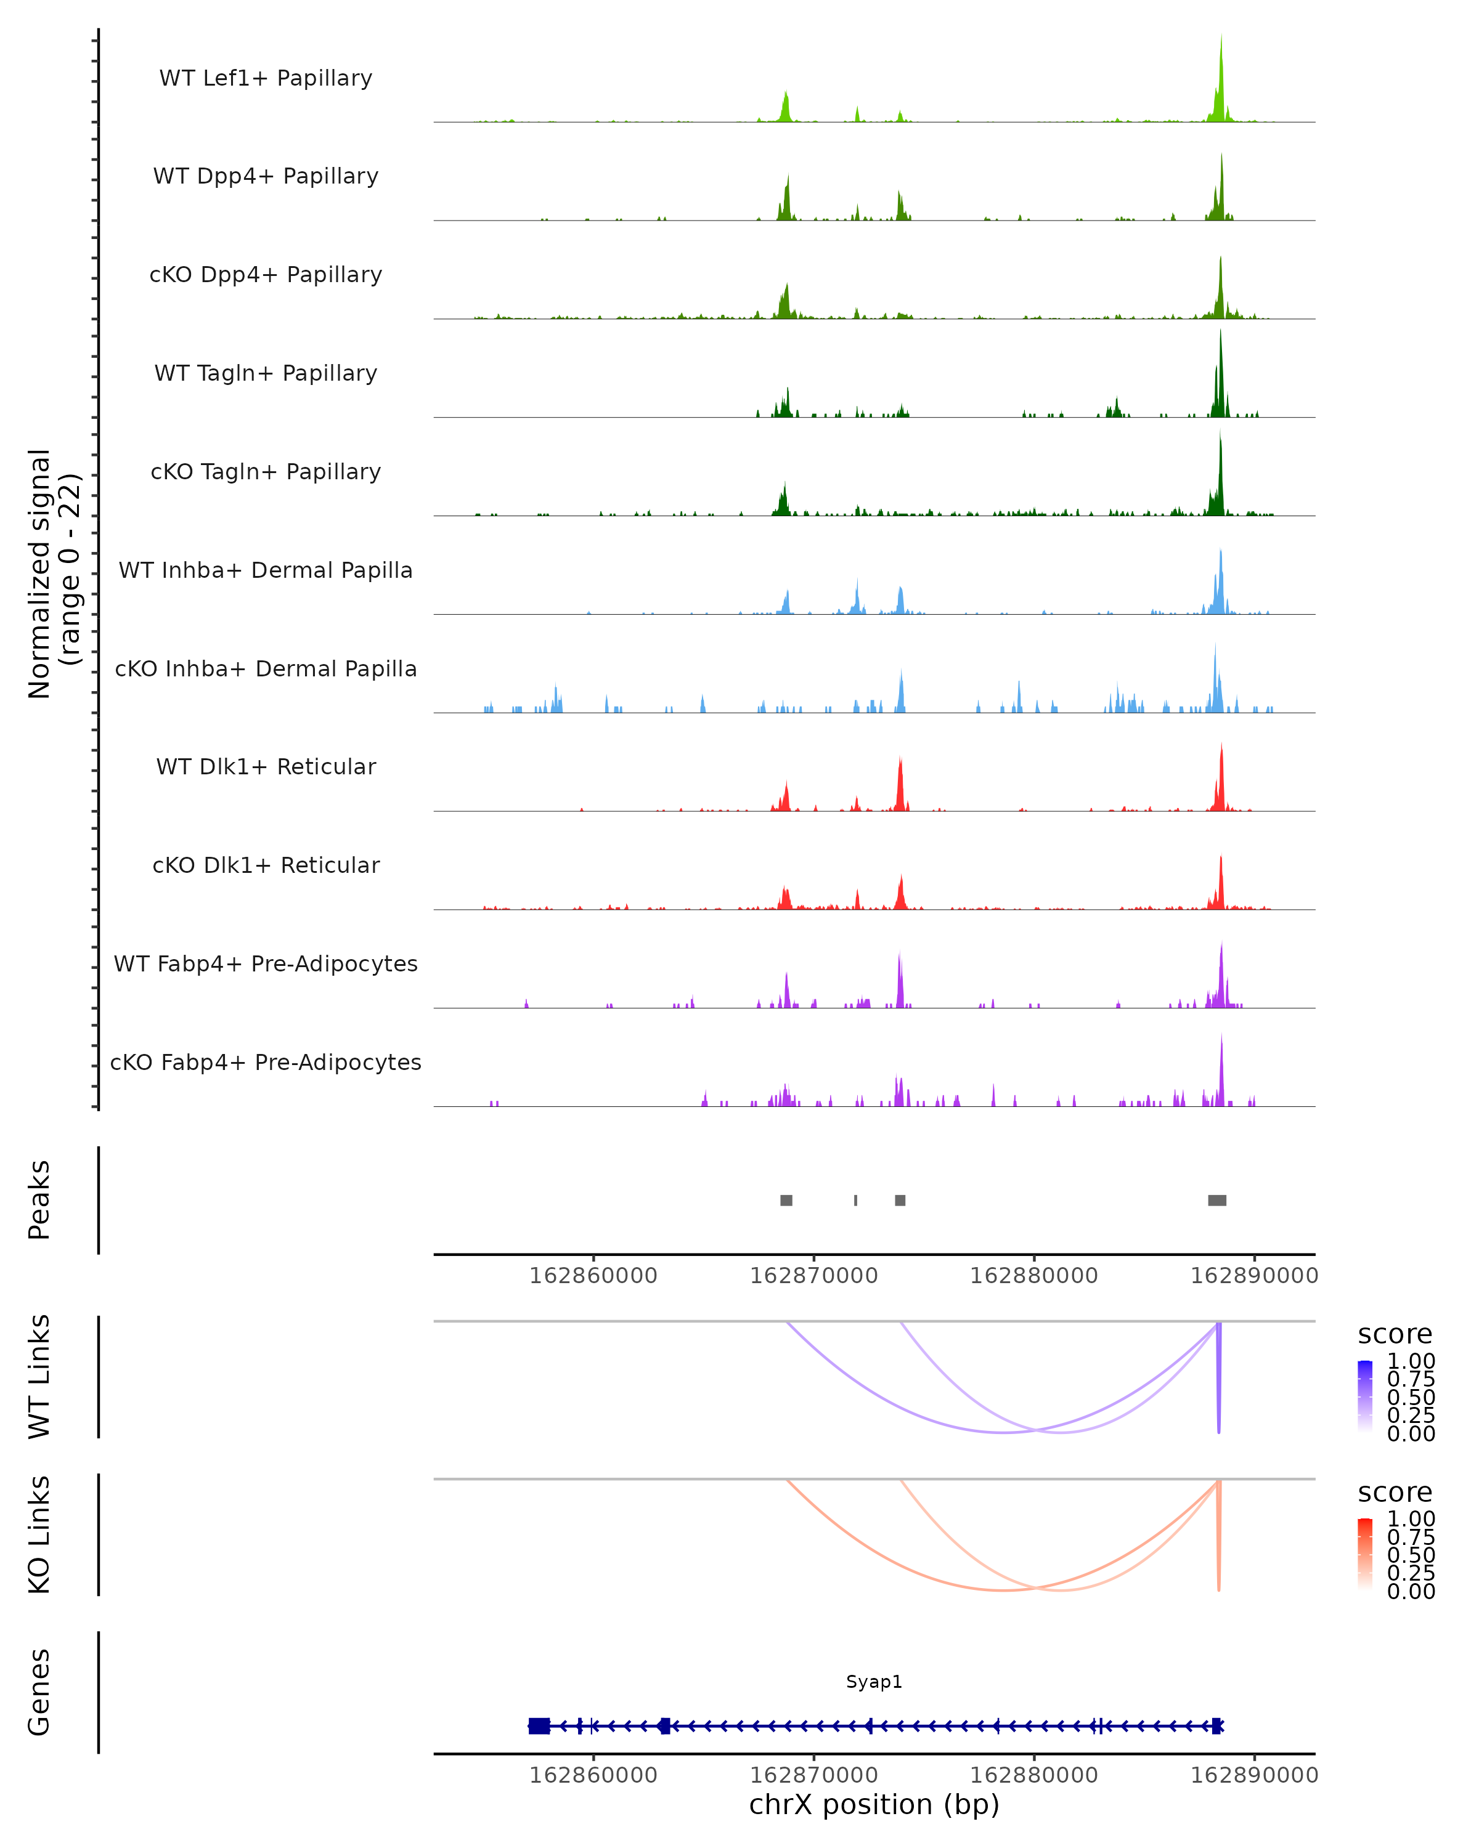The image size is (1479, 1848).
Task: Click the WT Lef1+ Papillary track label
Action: [266, 78]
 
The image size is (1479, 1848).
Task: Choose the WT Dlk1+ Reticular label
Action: [266, 766]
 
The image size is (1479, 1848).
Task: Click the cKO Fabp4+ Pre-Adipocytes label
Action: [266, 1062]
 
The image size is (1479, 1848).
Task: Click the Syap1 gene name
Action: [874, 1682]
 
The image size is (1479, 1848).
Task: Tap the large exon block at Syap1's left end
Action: [539, 1726]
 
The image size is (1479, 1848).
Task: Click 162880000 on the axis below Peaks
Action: [1034, 1276]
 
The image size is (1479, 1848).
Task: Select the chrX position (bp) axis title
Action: [874, 1804]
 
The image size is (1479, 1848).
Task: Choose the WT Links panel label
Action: [39, 1377]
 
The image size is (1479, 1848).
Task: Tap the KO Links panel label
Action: [39, 1534]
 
